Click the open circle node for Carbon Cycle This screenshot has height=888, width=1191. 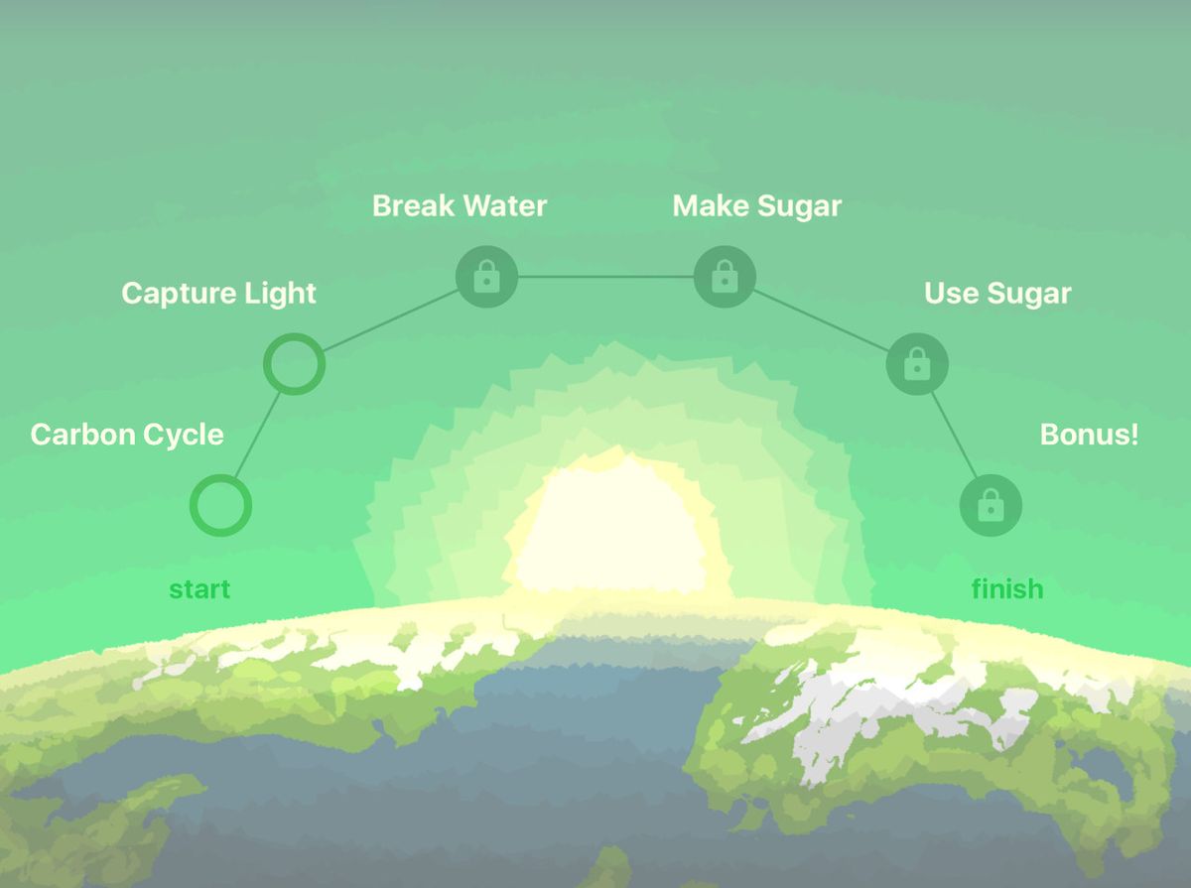tap(220, 506)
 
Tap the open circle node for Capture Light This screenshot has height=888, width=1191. tap(294, 364)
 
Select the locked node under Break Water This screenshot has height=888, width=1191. tap(486, 276)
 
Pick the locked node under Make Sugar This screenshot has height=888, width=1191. tap(725, 276)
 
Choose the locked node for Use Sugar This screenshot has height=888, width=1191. tap(917, 364)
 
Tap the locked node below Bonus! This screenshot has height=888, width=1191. tap(990, 506)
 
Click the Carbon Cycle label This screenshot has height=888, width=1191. tap(127, 435)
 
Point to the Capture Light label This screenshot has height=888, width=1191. tap(218, 294)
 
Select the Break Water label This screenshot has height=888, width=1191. tap(460, 206)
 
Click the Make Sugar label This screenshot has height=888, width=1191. tap(757, 206)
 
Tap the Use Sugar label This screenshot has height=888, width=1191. tap(997, 294)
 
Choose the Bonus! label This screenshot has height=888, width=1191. tap(1089, 435)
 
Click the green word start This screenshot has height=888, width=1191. tap(199, 589)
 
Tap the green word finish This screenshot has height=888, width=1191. tap(1007, 589)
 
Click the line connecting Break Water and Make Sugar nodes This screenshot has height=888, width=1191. tap(605, 277)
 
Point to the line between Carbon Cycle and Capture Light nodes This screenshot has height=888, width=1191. tap(257, 436)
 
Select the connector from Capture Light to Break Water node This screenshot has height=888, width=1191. tap(390, 320)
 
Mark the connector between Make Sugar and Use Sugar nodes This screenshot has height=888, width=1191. tap(821, 320)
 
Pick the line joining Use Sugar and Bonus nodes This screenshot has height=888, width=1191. tap(954, 436)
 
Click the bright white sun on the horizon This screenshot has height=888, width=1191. tap(607, 531)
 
